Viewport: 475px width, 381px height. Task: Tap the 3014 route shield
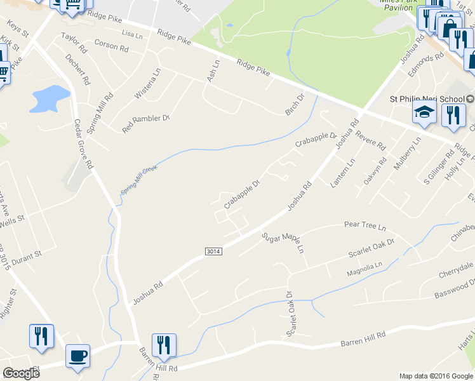[213, 252]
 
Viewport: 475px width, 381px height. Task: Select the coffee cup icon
[78, 356]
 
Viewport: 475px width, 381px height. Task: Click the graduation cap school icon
[423, 114]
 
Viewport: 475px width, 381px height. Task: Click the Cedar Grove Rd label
[83, 144]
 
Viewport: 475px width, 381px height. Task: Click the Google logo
[21, 373]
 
